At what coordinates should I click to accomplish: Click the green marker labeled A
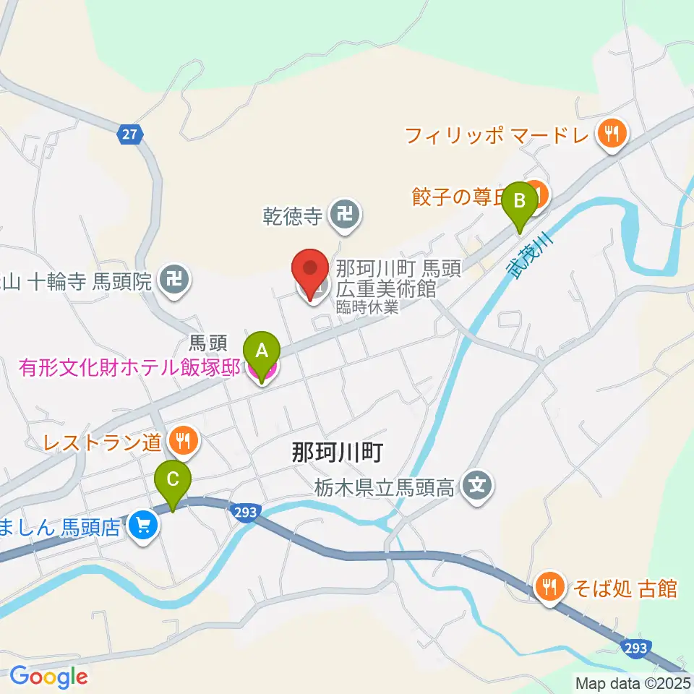262,351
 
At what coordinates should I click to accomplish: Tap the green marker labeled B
520,202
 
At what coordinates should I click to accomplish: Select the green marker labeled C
173,481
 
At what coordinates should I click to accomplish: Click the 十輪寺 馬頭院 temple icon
174,278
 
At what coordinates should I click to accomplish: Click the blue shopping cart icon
144,526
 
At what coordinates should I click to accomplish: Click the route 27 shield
130,134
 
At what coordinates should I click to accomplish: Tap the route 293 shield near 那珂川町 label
244,511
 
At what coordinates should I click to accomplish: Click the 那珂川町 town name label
335,453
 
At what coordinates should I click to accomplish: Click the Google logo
48,677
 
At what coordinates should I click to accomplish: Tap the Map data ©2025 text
632,682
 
